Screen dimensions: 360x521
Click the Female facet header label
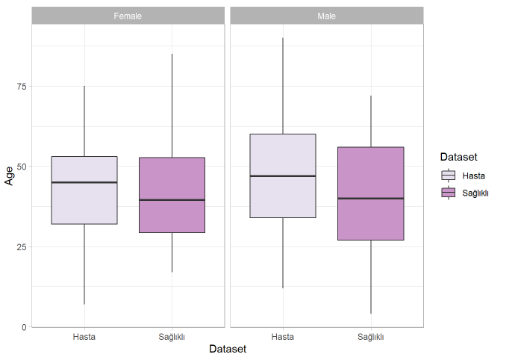click(x=128, y=16)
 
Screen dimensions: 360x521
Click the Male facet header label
click(x=326, y=16)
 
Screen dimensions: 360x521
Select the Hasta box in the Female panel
click(x=84, y=202)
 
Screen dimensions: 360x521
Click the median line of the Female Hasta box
click(x=84, y=182)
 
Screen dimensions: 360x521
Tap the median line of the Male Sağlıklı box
click(x=371, y=198)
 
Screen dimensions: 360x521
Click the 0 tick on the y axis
click(x=24, y=327)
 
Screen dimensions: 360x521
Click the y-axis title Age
click(x=9, y=176)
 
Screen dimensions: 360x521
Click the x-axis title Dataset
click(x=228, y=349)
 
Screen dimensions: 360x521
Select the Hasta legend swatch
click(x=448, y=176)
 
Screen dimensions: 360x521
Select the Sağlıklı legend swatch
click(x=448, y=193)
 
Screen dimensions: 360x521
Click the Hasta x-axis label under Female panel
click(x=84, y=336)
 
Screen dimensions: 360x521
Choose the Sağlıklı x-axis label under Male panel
click(x=371, y=336)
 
